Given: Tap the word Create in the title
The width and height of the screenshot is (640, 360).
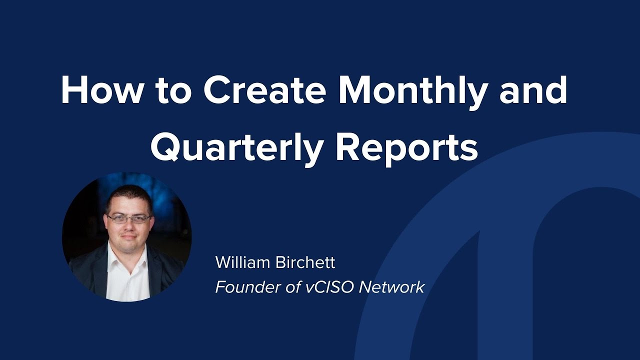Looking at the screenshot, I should (264, 91).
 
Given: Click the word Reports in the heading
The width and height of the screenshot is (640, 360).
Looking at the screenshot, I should (406, 148).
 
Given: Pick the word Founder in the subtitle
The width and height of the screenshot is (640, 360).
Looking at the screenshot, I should (241, 287).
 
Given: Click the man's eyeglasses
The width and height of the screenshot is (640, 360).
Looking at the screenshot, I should (129, 218).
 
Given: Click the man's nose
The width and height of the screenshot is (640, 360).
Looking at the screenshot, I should (129, 226).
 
